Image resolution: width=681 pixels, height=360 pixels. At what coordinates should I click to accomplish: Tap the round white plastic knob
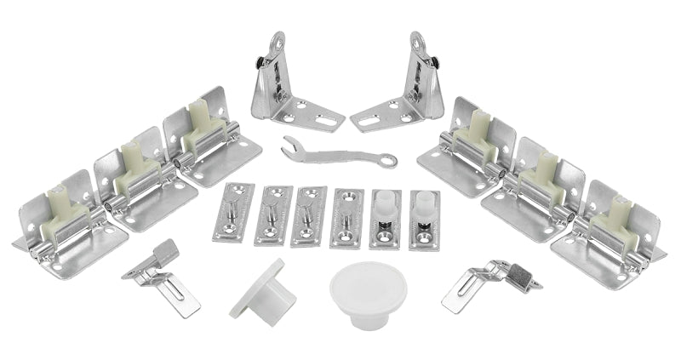358,290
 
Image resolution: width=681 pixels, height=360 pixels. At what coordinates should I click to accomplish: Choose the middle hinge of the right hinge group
536,183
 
